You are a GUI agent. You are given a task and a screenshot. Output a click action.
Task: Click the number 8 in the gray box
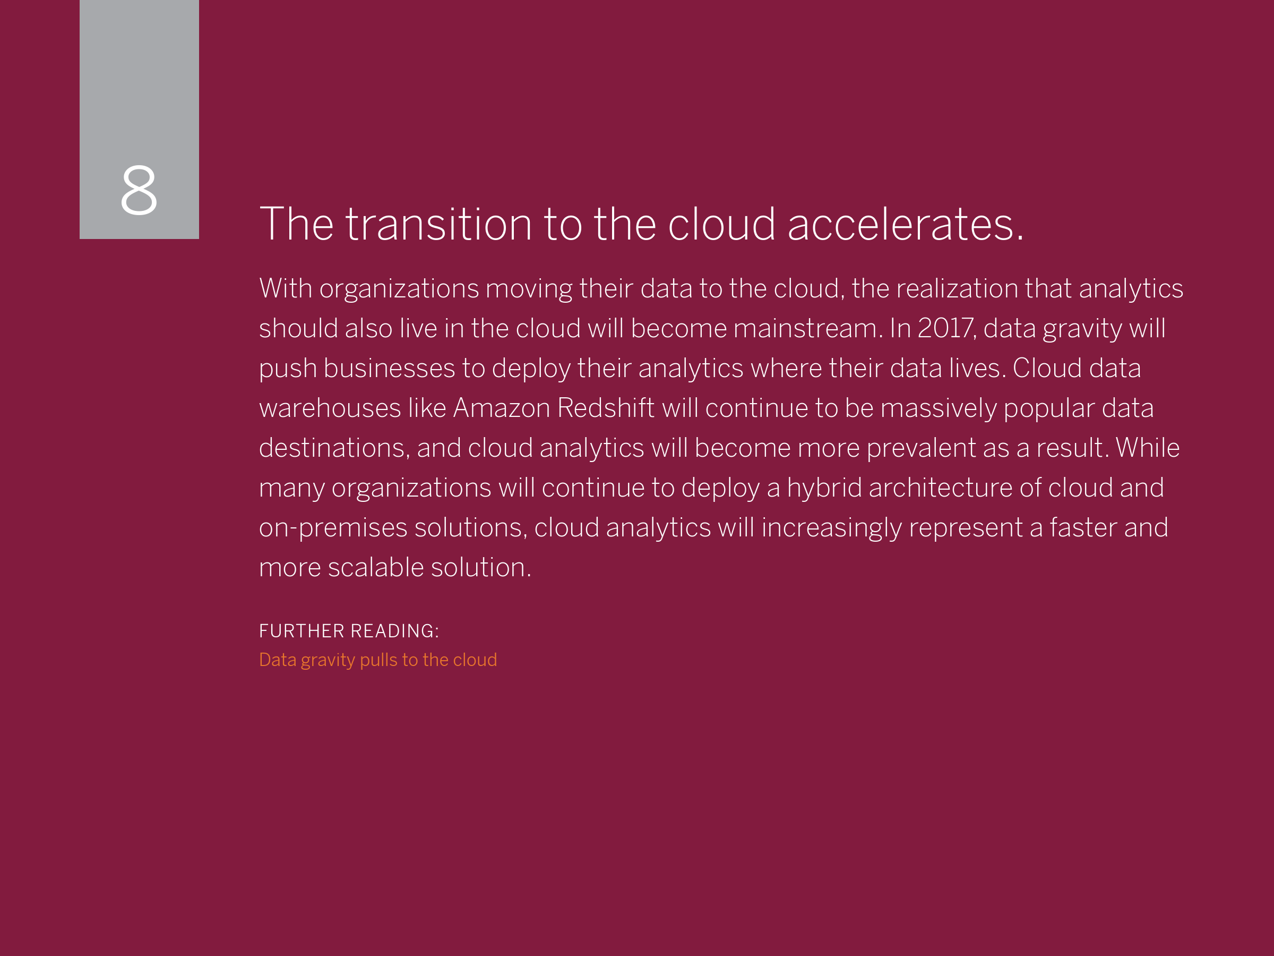click(x=139, y=190)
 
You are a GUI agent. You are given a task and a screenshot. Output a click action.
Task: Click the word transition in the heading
click(x=438, y=224)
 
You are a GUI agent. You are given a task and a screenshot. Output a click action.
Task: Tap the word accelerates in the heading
click(x=905, y=224)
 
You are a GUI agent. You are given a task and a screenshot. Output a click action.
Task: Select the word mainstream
click(x=808, y=328)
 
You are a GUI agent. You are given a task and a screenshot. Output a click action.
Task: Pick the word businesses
click(x=389, y=368)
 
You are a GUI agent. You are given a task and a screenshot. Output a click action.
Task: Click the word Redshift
click(x=606, y=408)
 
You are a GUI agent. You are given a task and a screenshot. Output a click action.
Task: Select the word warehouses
click(x=330, y=408)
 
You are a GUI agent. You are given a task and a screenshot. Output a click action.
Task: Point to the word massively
click(x=939, y=408)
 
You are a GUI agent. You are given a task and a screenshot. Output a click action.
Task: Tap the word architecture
click(x=941, y=488)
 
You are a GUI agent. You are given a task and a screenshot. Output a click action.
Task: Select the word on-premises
click(x=333, y=528)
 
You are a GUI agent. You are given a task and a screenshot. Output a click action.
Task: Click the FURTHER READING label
click(x=349, y=631)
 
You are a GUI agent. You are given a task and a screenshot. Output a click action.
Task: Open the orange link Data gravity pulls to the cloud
click(x=378, y=660)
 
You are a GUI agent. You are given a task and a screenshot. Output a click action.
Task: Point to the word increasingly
click(x=832, y=528)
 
